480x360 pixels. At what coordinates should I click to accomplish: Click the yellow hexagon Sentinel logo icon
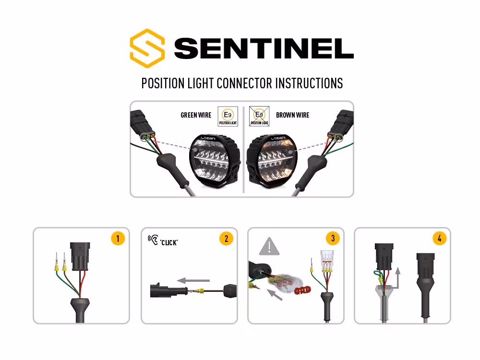tap(147, 48)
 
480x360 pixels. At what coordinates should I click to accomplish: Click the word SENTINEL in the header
tap(264, 48)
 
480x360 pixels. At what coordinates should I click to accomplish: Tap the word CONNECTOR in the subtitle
tap(244, 83)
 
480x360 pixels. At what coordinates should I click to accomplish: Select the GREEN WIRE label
tap(196, 115)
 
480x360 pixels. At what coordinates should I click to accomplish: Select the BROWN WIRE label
tap(292, 115)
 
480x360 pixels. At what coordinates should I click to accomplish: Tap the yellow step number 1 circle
tap(118, 239)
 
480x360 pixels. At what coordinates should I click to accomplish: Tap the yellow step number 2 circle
tap(226, 239)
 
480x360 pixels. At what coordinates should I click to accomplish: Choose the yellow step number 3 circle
tap(332, 239)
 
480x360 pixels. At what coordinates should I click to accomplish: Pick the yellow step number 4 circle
tap(439, 239)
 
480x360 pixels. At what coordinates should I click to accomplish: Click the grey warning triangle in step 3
tap(269, 247)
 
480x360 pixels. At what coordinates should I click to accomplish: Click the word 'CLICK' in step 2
tap(169, 242)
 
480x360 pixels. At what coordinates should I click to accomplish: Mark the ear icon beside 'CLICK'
tap(153, 239)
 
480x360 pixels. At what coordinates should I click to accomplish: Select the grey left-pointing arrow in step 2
tap(193, 279)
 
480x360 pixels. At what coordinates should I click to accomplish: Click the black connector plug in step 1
tap(78, 256)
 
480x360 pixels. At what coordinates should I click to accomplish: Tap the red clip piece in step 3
tap(302, 290)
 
